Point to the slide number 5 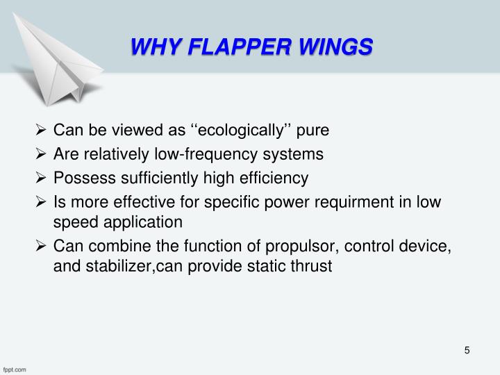tap(467, 350)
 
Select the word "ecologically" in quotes tap(238, 130)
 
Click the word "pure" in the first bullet tap(313, 130)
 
